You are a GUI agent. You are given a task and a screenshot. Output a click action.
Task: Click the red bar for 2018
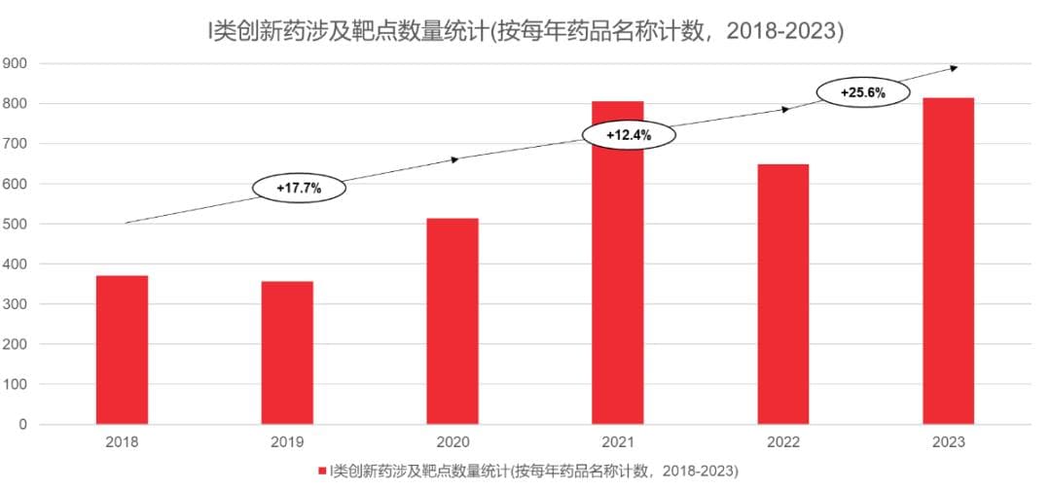tap(122, 350)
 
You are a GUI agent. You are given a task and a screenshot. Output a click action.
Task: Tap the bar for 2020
tap(453, 322)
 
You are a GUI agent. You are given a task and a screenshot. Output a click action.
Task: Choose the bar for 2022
tap(783, 295)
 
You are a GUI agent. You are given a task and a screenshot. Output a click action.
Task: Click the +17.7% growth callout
tap(299, 187)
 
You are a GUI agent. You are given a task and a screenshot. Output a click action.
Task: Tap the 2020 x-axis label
tap(453, 442)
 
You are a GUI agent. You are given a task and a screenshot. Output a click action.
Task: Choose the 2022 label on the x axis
tap(783, 442)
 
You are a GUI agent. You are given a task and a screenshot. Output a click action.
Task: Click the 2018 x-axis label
tap(122, 442)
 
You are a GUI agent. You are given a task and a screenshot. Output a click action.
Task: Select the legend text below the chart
tap(533, 471)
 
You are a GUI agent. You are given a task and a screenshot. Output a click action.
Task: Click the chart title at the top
tap(525, 31)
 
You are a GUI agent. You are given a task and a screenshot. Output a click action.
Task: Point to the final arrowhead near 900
tap(954, 68)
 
